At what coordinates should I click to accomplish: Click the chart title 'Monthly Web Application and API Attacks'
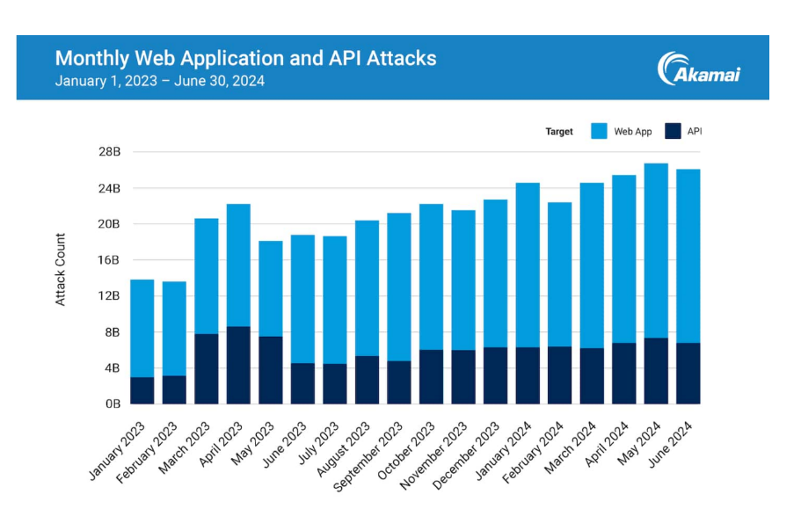point(245,58)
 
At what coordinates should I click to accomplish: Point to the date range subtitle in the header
point(159,81)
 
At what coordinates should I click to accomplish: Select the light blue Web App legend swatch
point(598,132)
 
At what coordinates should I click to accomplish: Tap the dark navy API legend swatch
point(673,132)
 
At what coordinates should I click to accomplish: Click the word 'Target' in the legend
point(559,132)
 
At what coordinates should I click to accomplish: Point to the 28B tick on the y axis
point(109,152)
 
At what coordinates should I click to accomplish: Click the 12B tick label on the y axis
point(109,295)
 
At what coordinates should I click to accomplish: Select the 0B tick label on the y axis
point(112,404)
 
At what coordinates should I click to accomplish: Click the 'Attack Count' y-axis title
point(61,269)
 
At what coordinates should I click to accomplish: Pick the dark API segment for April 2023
point(238,365)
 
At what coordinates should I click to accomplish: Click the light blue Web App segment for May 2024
point(655,251)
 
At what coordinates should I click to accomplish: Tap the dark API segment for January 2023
point(142,390)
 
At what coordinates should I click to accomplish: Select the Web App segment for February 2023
point(174,329)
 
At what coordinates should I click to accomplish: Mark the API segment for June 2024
point(688,373)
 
